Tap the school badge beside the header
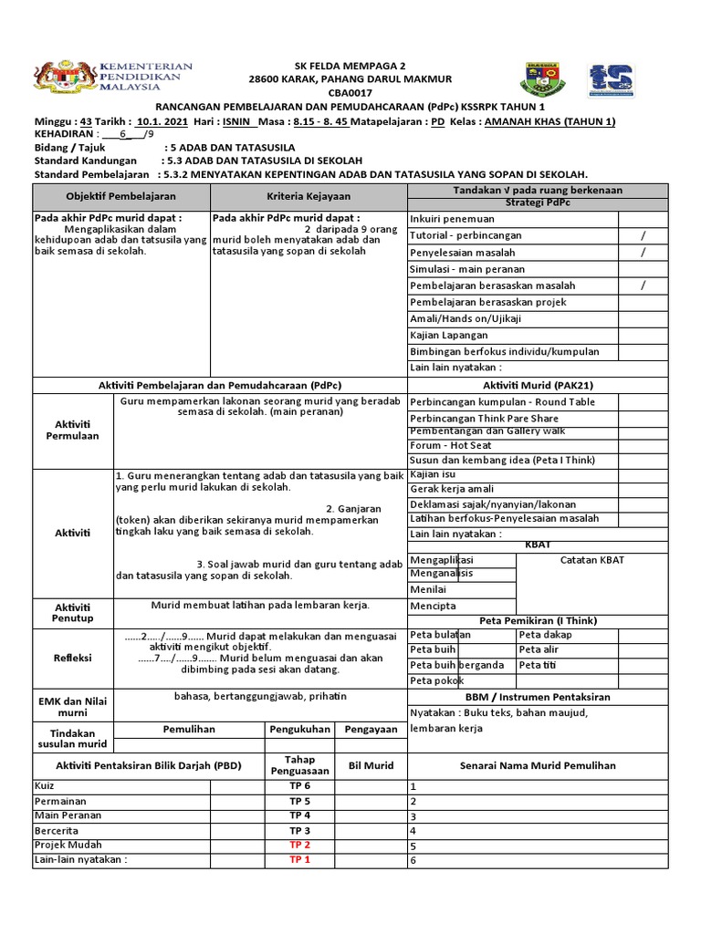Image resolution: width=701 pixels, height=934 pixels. [540, 80]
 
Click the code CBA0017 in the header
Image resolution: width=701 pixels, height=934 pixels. [350, 92]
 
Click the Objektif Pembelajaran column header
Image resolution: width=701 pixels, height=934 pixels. [121, 196]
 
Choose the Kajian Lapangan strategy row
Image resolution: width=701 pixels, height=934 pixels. [449, 335]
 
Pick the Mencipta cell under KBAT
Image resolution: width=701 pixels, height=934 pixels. [434, 606]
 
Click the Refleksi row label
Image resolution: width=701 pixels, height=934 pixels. [72, 656]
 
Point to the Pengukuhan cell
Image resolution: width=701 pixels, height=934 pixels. [300, 730]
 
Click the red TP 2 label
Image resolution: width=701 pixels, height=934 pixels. [300, 845]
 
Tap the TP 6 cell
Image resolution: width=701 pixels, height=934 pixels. [300, 785]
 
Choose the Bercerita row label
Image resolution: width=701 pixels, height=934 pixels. [57, 831]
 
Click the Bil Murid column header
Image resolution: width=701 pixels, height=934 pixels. [371, 765]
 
